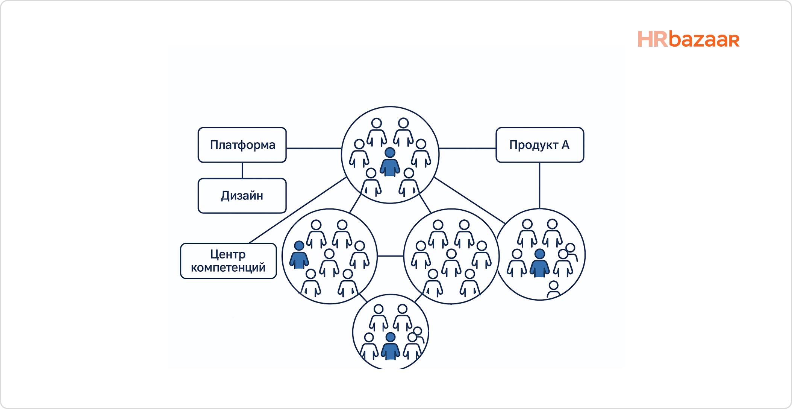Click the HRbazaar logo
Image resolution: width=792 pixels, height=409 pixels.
coord(688,39)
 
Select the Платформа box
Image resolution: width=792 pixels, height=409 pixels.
coord(242,145)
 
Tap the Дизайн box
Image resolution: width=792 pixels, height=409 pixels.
coord(242,196)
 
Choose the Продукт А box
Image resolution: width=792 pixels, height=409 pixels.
coord(539,145)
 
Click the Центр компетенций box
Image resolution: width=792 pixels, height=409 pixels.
coord(228,261)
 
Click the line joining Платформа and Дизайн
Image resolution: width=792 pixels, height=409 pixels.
coord(242,170)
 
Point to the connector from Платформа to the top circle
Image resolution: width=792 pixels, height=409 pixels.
coord(314,148)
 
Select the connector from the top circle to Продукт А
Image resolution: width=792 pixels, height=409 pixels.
coord(467,148)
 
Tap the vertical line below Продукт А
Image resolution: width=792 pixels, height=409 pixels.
coord(539,185)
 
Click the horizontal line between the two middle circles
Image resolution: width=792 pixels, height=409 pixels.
coord(390,256)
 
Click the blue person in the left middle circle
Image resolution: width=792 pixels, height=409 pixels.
coord(299,255)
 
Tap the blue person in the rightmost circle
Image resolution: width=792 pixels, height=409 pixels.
coord(539,263)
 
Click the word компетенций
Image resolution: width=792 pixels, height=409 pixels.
coord(228,268)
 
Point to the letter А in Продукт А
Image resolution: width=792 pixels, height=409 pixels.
coord(565,145)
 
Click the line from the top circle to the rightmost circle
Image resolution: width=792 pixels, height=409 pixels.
coord(470,201)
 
